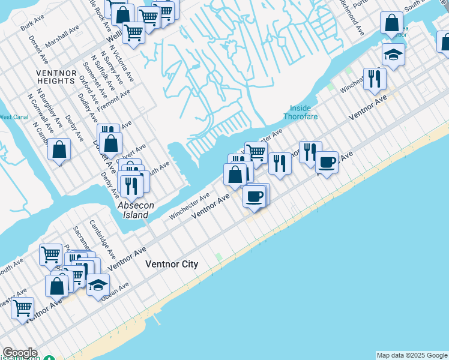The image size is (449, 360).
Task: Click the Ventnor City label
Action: point(172,264)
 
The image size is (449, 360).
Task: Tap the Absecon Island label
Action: point(136,210)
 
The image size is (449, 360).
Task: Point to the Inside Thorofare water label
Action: point(300,112)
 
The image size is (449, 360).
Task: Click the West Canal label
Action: point(13,117)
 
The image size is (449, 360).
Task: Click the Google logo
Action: point(20,353)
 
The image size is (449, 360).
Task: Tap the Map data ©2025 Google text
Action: point(412,355)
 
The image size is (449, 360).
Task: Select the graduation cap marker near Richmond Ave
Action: point(394,54)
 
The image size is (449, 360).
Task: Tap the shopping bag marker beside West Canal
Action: point(59,149)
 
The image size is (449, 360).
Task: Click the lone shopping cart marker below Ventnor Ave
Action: point(23,308)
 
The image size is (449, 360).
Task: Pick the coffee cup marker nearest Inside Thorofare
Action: point(327,161)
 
